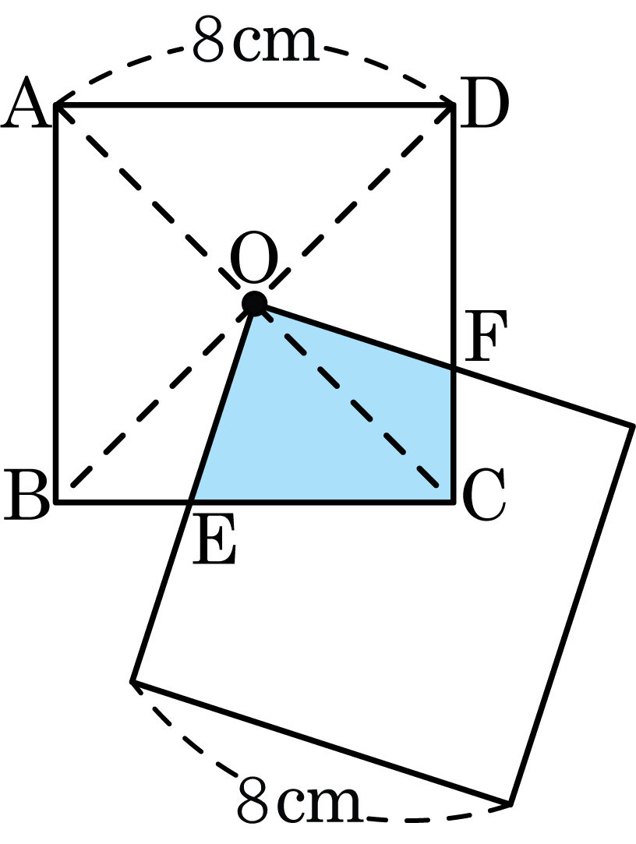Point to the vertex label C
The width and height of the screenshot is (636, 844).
pyautogui.click(x=483, y=495)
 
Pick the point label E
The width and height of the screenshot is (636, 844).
pyautogui.click(x=214, y=539)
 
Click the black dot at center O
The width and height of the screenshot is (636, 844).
pyautogui.click(x=254, y=304)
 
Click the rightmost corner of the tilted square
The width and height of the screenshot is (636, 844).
pyautogui.click(x=631, y=426)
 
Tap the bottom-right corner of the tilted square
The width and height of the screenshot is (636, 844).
pyautogui.click(x=511, y=804)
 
